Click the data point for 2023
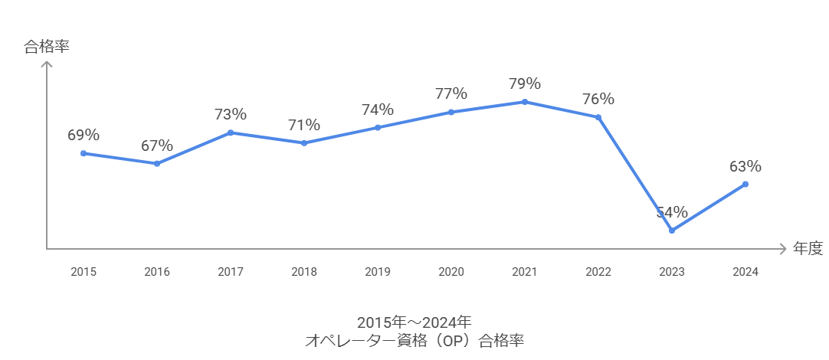(672, 231)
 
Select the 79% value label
(525, 83)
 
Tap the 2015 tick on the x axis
(84, 272)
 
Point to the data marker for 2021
(525, 102)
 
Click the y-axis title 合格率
(47, 47)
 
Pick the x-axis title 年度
(808, 249)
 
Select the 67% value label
(157, 146)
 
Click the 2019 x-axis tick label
(378, 272)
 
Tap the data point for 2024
(745, 184)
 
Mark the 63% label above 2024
(745, 166)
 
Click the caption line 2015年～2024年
(414, 322)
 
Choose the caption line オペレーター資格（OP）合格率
(414, 341)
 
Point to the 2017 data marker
(231, 133)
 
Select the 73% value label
(231, 114)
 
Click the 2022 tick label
(598, 272)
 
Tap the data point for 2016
(157, 163)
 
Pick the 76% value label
(598, 99)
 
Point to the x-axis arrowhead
(782, 249)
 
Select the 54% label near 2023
(672, 212)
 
